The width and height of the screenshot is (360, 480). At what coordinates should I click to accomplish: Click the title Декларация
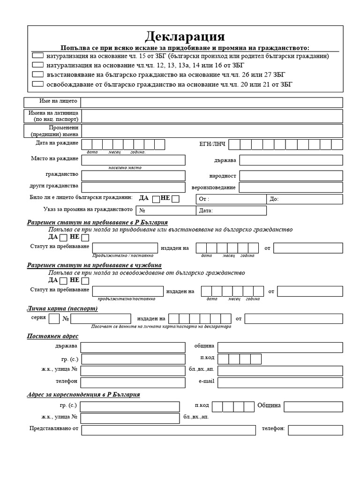point(185,37)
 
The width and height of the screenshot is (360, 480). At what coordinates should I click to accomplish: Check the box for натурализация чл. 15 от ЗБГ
point(38,56)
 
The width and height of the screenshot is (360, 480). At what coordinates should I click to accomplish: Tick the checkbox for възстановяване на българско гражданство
point(38,74)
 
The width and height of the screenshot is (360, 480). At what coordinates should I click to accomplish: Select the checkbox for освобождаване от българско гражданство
point(38,84)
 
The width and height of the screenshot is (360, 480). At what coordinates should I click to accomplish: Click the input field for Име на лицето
point(211,102)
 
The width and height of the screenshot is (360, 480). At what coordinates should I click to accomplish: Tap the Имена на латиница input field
point(211,116)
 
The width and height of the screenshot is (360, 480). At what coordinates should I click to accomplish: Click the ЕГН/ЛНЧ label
point(212,144)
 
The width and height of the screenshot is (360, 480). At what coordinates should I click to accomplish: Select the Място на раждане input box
point(133,160)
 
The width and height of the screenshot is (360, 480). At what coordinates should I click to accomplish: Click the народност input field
point(291,176)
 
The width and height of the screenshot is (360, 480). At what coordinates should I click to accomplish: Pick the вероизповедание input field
point(291,187)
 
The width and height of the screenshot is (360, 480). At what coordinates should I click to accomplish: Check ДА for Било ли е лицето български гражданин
point(156,199)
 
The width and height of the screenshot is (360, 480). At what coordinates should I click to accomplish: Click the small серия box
point(54,319)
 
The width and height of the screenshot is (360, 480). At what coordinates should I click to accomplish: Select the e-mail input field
point(280,382)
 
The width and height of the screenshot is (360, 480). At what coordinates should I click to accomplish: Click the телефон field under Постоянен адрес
point(133,382)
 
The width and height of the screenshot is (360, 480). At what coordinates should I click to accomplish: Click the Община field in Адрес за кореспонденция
point(313,406)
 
